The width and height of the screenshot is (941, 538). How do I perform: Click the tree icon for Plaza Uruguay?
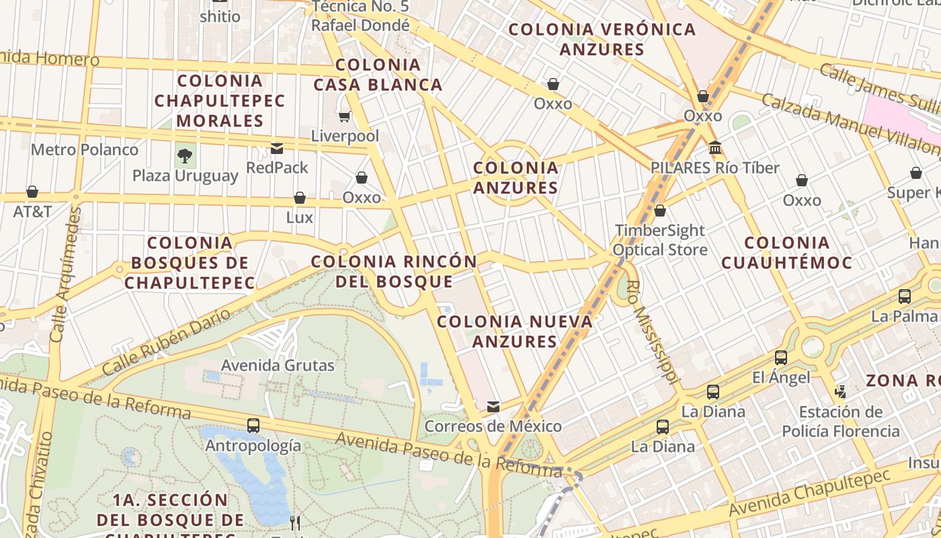tap(184, 156)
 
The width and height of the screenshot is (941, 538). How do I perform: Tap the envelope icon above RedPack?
tap(277, 149)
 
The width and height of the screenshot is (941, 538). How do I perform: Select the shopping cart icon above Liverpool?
tap(345, 117)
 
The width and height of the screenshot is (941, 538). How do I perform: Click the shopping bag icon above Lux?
tap(300, 198)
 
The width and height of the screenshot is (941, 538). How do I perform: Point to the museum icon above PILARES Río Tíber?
tap(715, 147)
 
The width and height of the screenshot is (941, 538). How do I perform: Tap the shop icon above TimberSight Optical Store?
tap(660, 210)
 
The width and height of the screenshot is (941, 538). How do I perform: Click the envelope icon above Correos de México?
tap(493, 406)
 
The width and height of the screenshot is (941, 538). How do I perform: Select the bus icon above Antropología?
tap(253, 425)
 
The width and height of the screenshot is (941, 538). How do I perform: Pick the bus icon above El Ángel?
tap(781, 358)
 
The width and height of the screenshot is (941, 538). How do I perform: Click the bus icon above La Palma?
tap(905, 296)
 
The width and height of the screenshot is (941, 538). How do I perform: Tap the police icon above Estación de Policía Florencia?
tap(840, 391)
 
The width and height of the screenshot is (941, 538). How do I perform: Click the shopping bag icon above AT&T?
tap(32, 192)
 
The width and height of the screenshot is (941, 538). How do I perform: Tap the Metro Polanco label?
tap(85, 149)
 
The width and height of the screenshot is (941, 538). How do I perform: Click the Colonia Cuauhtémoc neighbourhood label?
tap(787, 252)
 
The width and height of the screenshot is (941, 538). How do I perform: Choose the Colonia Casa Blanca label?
tap(378, 75)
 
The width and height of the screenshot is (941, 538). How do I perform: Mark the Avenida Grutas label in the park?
tap(278, 366)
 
